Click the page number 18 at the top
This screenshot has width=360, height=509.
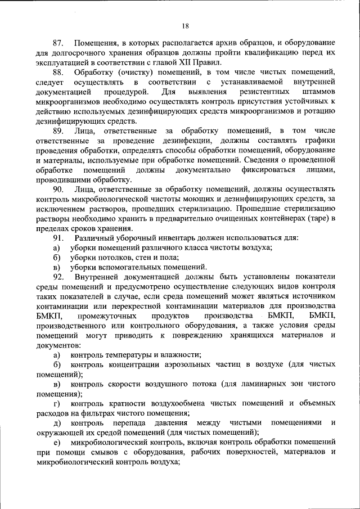[x=185, y=25]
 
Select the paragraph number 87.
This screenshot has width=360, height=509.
[x=58, y=43]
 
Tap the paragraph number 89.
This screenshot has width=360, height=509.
[x=58, y=130]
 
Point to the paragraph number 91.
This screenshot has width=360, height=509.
[x=58, y=238]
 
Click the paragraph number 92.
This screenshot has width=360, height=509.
[x=58, y=276]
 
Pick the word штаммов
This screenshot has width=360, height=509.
[x=318, y=91]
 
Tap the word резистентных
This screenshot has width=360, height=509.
[x=261, y=91]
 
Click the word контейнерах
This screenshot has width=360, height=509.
[x=281, y=218]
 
